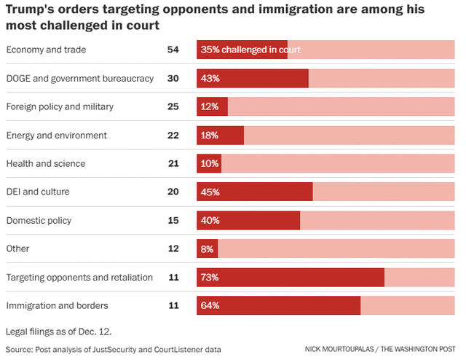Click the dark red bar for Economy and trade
(x=242, y=50)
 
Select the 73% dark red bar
(x=291, y=278)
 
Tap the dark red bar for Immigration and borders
(x=279, y=305)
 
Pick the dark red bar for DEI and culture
(x=255, y=192)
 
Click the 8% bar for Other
(x=207, y=249)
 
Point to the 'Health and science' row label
(x=46, y=163)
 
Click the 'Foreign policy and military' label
(x=60, y=106)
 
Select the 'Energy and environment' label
(x=57, y=135)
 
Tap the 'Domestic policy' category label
(x=39, y=220)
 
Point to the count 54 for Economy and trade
(x=173, y=50)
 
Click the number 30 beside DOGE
(x=173, y=78)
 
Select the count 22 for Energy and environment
(x=173, y=135)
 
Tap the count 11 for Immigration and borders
(x=173, y=305)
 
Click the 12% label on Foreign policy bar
(x=210, y=107)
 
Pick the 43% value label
(x=210, y=79)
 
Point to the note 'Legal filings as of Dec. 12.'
(x=59, y=331)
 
